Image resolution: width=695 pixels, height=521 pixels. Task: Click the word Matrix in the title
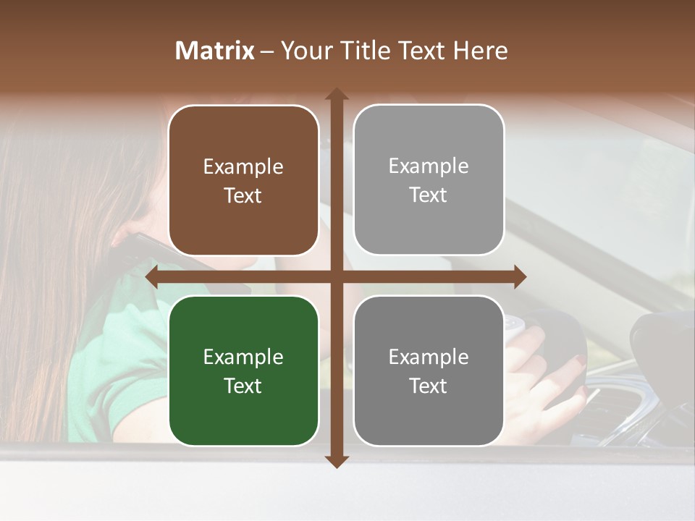click(x=215, y=51)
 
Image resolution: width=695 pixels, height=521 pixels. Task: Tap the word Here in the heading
click(x=480, y=51)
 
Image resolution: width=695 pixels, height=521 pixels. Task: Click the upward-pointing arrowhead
click(x=337, y=95)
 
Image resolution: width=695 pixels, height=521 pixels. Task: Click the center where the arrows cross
click(x=337, y=276)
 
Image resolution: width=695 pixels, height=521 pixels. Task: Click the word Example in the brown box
click(x=243, y=167)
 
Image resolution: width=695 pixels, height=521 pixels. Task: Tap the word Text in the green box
click(x=243, y=386)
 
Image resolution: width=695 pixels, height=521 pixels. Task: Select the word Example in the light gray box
click(x=429, y=166)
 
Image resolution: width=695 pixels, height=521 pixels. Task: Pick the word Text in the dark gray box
click(x=429, y=386)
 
